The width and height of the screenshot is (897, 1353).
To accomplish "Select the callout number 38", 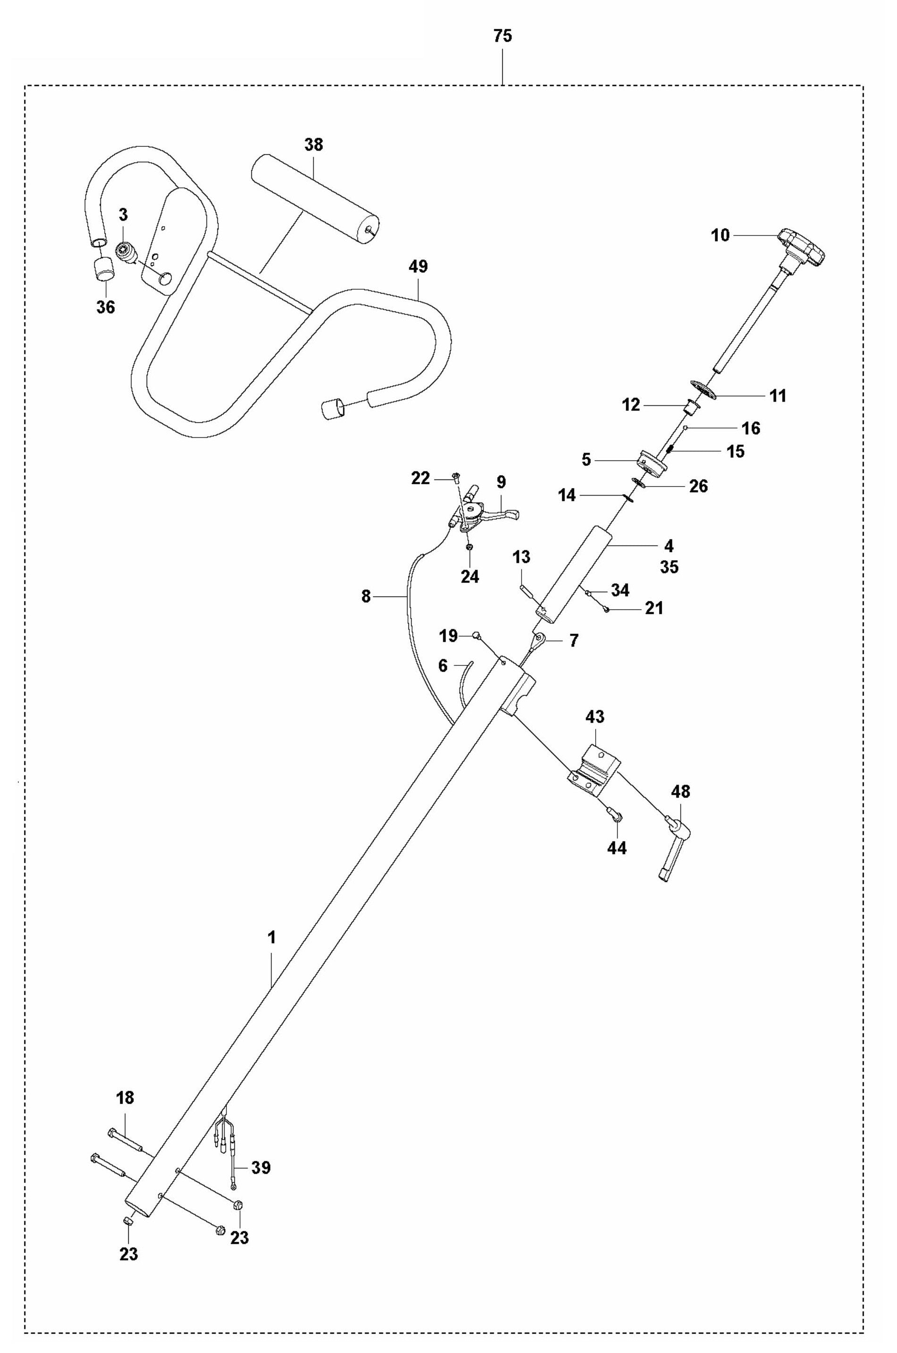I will tap(313, 145).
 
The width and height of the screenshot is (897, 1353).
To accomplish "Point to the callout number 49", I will tap(418, 267).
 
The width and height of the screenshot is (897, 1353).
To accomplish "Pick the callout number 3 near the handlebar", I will tap(123, 215).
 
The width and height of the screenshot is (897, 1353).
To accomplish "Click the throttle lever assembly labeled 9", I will tap(486, 509).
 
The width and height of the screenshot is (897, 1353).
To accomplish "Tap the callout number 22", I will tap(421, 479).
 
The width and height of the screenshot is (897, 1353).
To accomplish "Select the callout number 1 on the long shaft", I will tap(272, 938).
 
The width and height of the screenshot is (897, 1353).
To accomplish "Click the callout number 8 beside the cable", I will tap(366, 597).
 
